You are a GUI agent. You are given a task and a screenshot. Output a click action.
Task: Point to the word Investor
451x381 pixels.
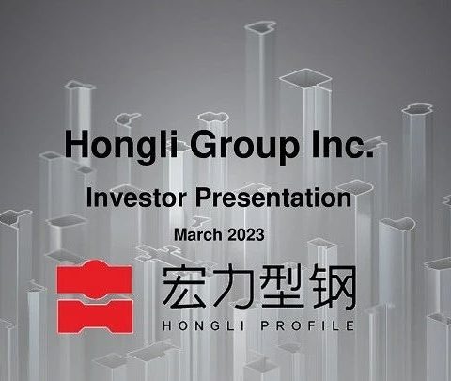pyautogui.click(x=136, y=198)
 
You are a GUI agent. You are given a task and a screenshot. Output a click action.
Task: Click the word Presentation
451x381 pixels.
pyautogui.click(x=273, y=198)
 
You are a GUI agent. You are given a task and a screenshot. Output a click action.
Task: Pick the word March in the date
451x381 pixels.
pyautogui.click(x=197, y=234)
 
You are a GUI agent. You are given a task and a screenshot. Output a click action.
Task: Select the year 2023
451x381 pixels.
pyautogui.click(x=246, y=234)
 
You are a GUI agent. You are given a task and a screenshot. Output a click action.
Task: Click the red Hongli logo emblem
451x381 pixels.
pyautogui.click(x=95, y=296)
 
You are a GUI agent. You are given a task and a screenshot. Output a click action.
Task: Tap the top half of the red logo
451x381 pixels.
pyautogui.click(x=94, y=279)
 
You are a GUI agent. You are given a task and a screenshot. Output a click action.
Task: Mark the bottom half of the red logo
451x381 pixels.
pyautogui.click(x=95, y=316)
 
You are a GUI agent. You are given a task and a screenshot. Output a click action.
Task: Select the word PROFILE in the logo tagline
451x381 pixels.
pyautogui.click(x=308, y=325)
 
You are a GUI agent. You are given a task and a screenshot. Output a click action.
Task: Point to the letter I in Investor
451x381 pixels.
pyautogui.click(x=88, y=198)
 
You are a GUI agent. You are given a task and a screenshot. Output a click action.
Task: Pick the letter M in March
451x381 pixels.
pyautogui.click(x=180, y=234)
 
